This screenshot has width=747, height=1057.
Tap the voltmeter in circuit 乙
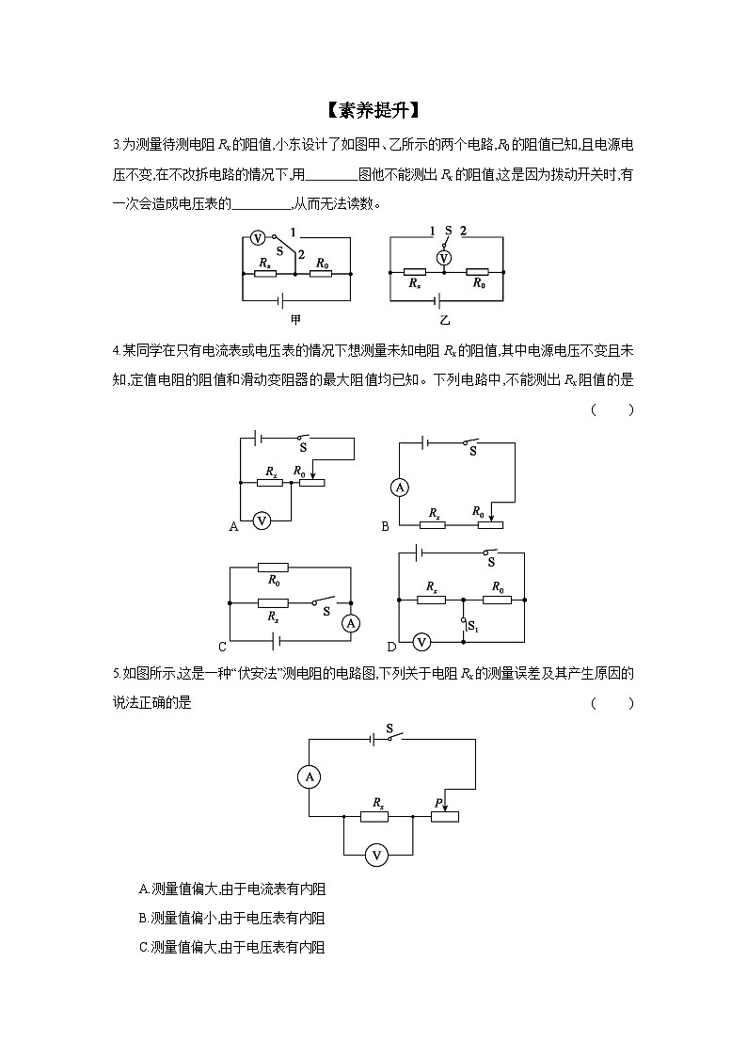tap(446, 256)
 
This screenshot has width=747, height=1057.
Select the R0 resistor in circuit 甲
tap(323, 275)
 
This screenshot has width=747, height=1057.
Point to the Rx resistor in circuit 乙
tap(413, 271)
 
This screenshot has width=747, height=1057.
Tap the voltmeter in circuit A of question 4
tap(262, 520)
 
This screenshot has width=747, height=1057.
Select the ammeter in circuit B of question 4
tap(399, 487)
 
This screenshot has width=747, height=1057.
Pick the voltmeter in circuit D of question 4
tap(421, 641)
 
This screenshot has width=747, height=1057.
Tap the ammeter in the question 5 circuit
tap(309, 777)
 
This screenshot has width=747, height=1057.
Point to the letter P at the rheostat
tap(438, 802)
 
